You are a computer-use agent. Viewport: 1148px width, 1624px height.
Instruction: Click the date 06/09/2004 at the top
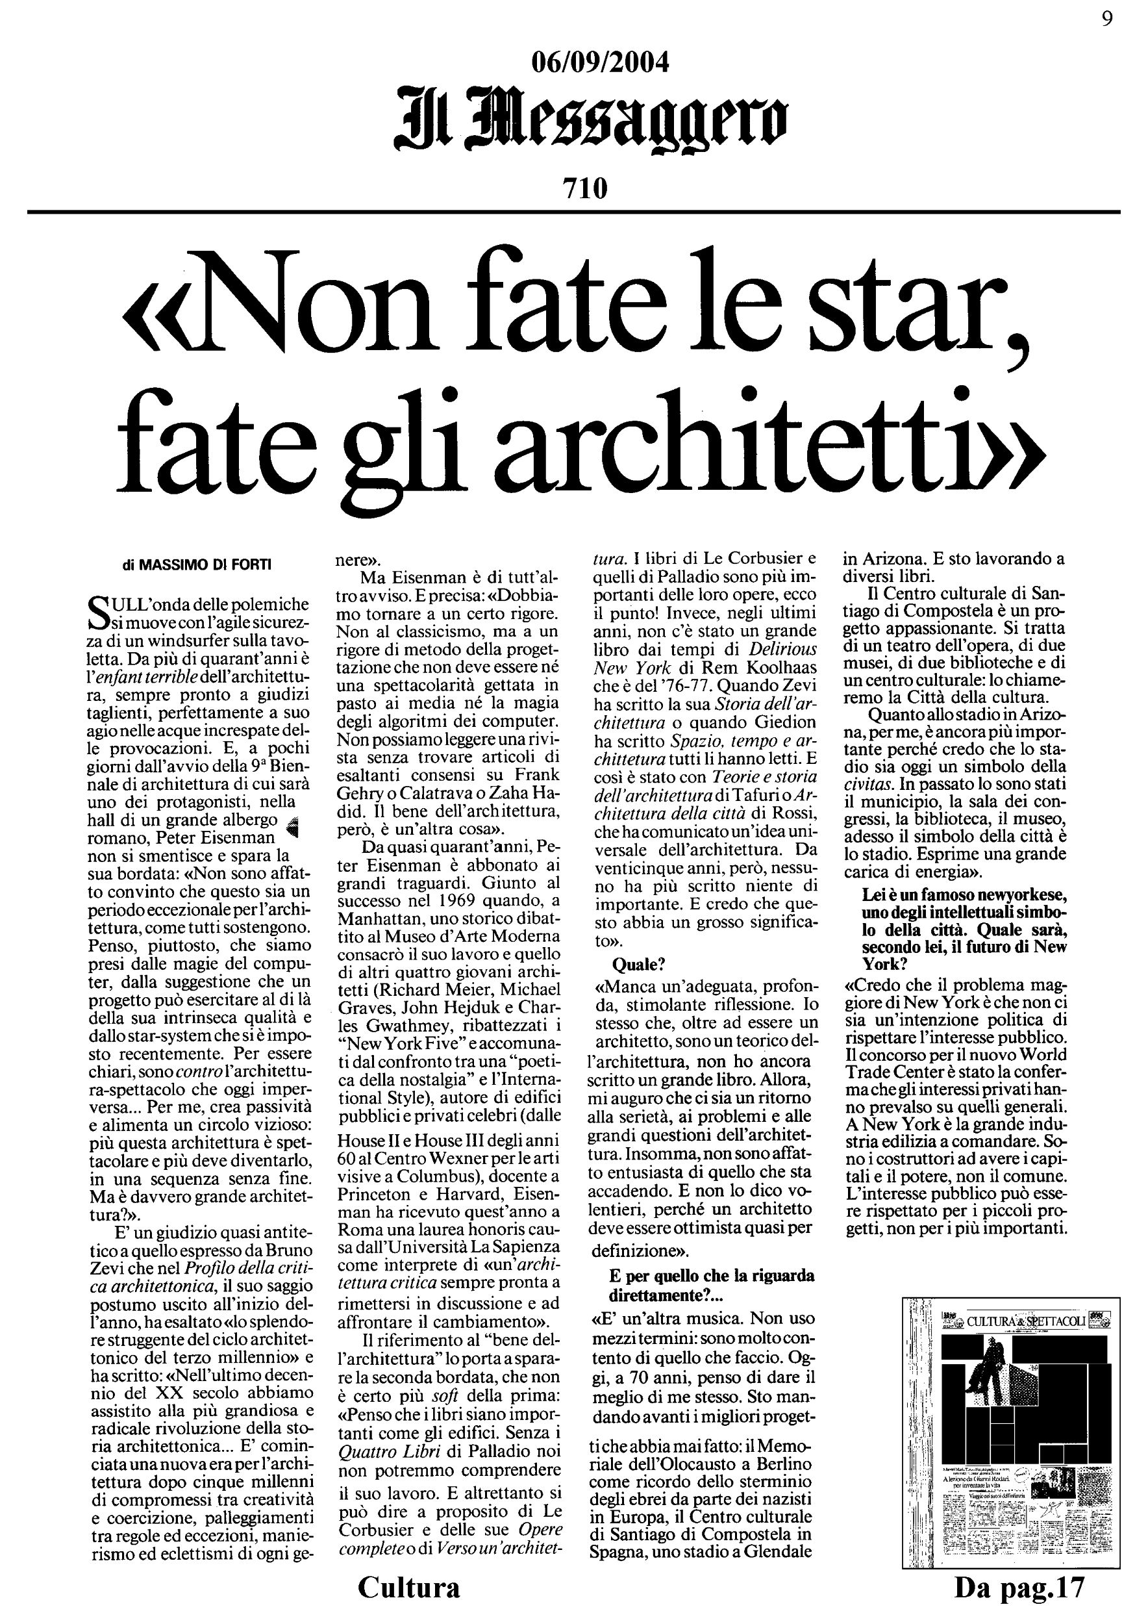click(599, 64)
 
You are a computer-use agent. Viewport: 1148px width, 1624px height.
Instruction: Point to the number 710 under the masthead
click(584, 189)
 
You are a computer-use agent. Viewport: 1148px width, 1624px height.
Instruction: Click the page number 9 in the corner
click(1107, 19)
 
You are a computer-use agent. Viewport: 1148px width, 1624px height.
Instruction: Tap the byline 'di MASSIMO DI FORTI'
click(196, 565)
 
